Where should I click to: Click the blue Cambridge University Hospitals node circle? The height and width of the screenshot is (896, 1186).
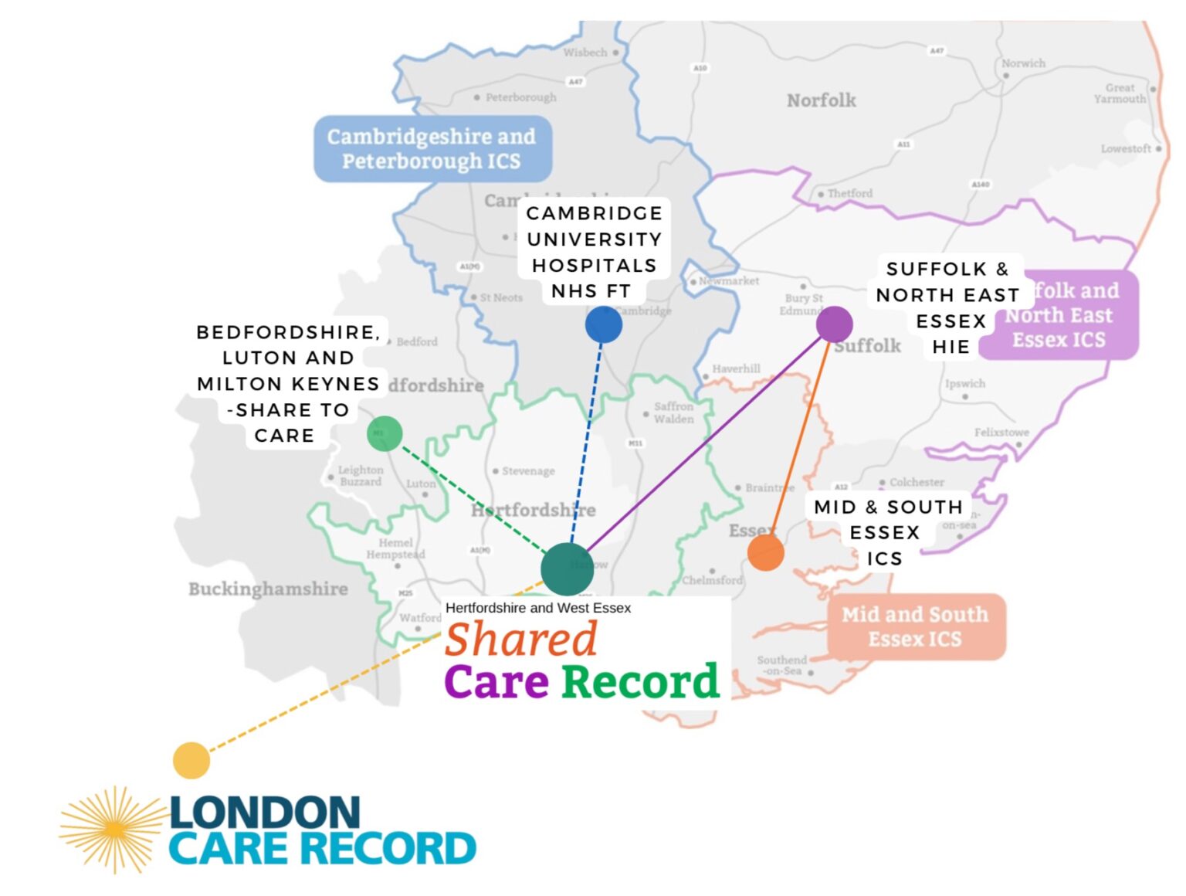[603, 324]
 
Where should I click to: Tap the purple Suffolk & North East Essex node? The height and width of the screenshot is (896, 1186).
[834, 324]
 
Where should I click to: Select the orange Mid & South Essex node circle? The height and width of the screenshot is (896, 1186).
[765, 552]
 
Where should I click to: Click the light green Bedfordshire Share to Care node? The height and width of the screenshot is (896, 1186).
[385, 433]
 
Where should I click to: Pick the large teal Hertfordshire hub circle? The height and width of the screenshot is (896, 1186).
[568, 569]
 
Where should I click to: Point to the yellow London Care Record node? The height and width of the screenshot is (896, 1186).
[191, 760]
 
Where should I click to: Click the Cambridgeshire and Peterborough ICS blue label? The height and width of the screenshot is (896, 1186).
[432, 149]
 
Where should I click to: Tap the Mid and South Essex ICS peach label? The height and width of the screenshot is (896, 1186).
[916, 626]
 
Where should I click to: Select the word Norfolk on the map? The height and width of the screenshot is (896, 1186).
[822, 100]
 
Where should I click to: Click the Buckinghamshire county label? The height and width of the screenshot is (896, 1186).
[268, 589]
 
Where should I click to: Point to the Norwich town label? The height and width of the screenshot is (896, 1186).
[1023, 63]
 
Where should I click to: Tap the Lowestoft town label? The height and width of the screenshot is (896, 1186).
[1126, 148]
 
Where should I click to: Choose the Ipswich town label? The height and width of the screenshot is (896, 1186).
[965, 383]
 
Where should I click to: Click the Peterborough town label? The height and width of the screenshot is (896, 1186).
[520, 97]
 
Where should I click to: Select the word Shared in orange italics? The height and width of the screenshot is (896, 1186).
[521, 640]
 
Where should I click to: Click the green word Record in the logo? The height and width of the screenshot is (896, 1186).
[640, 682]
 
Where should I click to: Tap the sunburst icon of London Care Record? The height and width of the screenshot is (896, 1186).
[114, 829]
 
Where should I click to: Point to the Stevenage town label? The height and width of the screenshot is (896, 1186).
[528, 470]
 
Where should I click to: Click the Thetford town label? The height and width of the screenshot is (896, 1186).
[849, 193]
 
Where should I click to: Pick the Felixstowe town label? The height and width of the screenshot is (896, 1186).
[1001, 433]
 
